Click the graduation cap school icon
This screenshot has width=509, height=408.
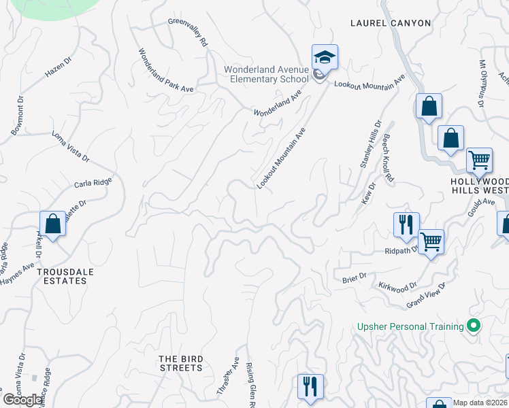coord(325,58)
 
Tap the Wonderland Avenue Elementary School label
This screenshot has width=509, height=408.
coord(267,75)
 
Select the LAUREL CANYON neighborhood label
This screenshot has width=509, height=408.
coord(391,23)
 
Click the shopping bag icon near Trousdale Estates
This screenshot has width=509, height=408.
coord(52,224)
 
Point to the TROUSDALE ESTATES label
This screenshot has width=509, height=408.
coord(65,276)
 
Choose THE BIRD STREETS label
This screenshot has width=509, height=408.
coord(180,363)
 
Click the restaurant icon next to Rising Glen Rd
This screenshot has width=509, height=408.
coord(310,387)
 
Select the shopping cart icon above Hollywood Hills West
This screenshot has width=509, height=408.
coord(479,160)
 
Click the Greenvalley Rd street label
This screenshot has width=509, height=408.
coord(188,31)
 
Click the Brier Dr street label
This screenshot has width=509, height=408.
coord(354,277)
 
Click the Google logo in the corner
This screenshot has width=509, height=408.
coord(23,400)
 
